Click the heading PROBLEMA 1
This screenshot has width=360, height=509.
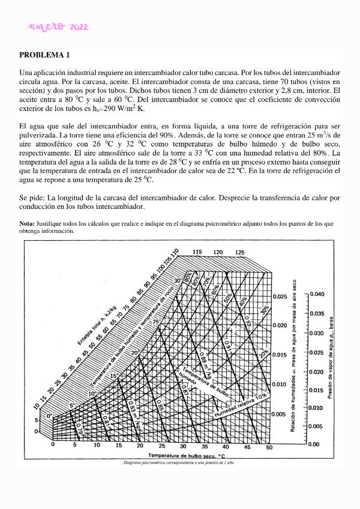(45, 55)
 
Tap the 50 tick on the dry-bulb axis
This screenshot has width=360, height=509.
(269, 447)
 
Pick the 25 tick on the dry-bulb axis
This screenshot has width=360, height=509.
(161, 447)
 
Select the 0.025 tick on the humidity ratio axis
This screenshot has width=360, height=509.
(280, 297)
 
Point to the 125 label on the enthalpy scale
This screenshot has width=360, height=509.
(239, 253)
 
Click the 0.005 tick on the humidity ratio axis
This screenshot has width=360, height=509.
(280, 415)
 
